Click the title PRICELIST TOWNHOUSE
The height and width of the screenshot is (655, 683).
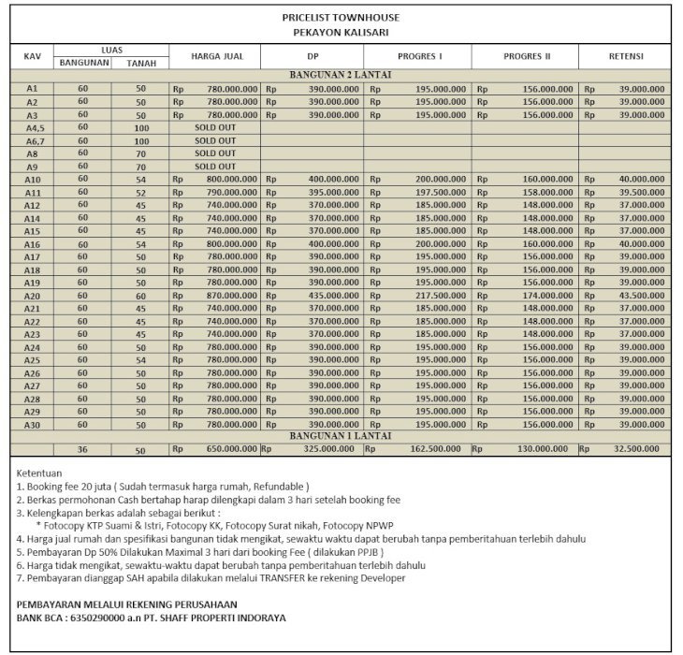click(341, 18)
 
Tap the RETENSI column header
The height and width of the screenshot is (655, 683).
click(625, 56)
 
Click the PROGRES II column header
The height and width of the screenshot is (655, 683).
click(527, 56)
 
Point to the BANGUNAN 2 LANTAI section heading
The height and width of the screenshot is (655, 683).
click(340, 74)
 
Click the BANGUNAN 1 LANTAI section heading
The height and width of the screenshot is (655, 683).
click(340, 436)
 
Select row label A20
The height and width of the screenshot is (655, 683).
click(32, 295)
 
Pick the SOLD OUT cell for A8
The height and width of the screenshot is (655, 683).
click(215, 153)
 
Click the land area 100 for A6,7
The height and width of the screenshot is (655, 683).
click(141, 140)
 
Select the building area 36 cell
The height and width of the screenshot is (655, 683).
click(82, 449)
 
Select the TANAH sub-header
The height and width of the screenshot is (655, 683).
click(141, 63)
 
